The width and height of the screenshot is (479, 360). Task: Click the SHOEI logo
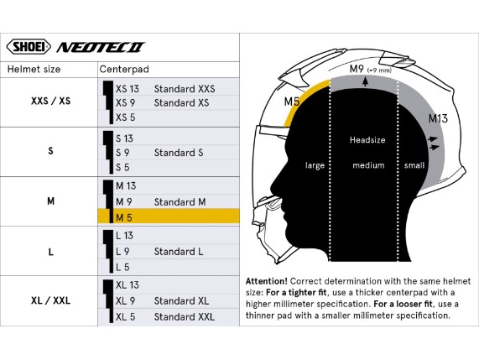pos(29,47)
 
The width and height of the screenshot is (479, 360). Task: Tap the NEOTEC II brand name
pos(100,47)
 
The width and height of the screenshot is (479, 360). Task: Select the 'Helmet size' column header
pos(34,70)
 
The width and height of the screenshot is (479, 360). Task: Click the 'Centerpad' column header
pos(124,70)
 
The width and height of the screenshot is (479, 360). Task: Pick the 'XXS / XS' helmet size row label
pos(50,101)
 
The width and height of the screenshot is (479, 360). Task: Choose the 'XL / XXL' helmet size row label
pos(50,300)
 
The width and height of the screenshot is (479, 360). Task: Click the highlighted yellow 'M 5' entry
pos(124,218)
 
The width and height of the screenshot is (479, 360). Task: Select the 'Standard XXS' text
pos(185,89)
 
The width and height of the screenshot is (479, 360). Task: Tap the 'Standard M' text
pos(180,202)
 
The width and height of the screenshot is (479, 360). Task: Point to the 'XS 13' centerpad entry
pos(127,89)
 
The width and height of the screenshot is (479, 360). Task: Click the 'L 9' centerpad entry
pos(122,252)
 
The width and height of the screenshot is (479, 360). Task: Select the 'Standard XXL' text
pos(185,317)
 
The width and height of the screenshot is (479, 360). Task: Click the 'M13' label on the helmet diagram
pos(438,118)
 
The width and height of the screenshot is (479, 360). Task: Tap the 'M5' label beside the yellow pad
pos(292,102)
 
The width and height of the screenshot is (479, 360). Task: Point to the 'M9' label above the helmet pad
pos(357,69)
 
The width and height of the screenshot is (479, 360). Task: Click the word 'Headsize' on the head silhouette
pos(367,140)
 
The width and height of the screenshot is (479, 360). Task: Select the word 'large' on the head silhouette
pos(315,165)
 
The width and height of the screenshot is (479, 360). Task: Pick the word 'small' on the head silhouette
pos(414,165)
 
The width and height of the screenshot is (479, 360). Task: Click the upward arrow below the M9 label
pos(365,81)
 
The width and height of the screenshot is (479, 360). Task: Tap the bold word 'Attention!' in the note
pos(267,281)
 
